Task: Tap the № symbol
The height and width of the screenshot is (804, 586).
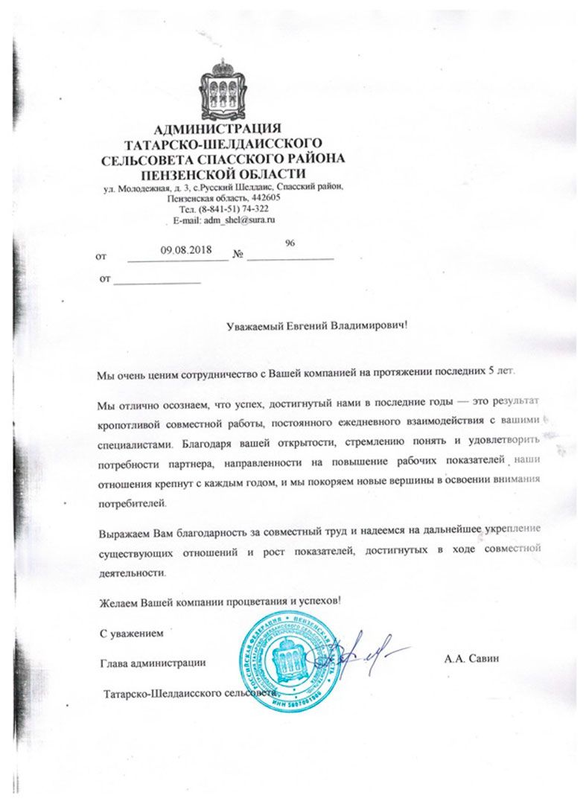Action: [x=239, y=255]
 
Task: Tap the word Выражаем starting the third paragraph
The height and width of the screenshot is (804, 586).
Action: [x=124, y=535]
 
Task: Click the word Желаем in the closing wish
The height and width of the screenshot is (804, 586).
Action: [x=118, y=599]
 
